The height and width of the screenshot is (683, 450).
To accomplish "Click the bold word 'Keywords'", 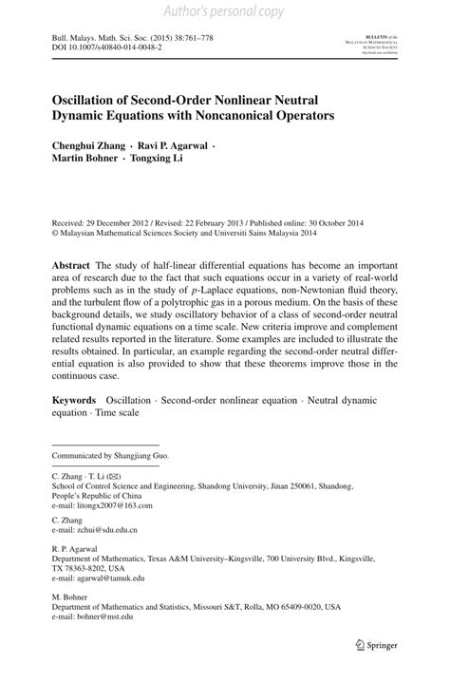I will pos(74,427).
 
